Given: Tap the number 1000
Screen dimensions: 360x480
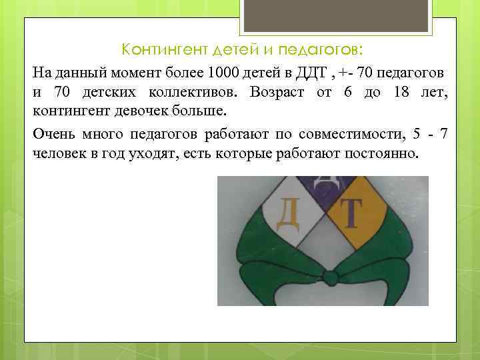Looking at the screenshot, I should pyautogui.click(x=227, y=72).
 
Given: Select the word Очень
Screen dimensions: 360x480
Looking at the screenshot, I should pyautogui.click(x=53, y=136).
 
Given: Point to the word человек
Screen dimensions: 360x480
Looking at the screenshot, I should pyautogui.click(x=59, y=154).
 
